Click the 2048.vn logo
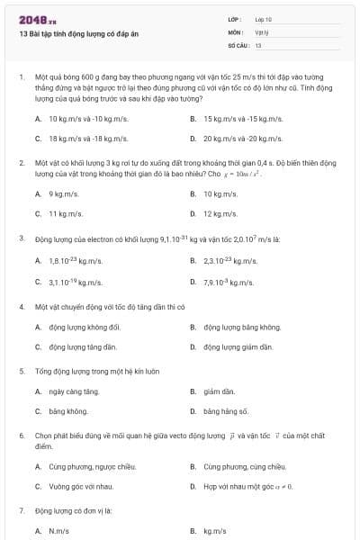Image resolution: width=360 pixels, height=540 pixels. click(x=31, y=19)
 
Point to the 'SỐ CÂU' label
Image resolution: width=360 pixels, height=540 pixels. click(x=237, y=44)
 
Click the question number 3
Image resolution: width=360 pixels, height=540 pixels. click(x=21, y=238)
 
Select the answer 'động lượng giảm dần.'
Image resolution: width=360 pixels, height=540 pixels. click(x=238, y=346)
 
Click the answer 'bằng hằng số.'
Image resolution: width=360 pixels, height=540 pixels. click(x=225, y=411)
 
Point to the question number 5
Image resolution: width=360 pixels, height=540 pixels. click(x=21, y=370)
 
